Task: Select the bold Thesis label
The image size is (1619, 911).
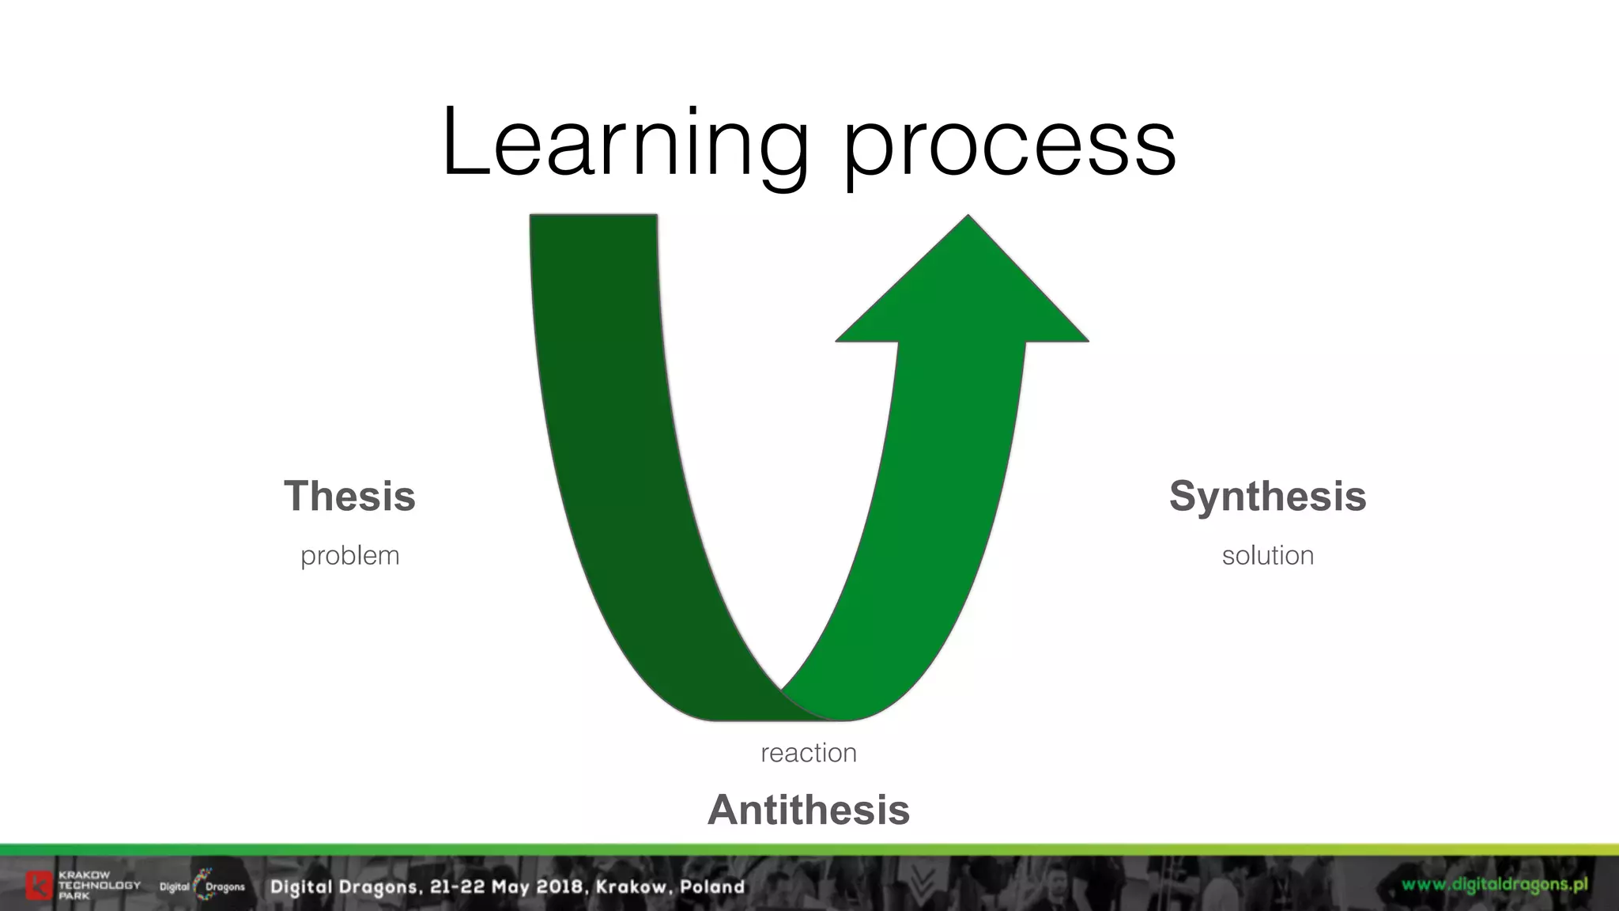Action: point(349,497)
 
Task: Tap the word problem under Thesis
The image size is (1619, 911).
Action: point(349,556)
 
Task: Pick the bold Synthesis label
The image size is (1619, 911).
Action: point(1267,497)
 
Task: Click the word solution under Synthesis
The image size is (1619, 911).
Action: point(1267,555)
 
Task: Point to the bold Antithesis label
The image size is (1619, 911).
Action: point(808,810)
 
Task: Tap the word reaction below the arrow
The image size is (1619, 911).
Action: point(808,753)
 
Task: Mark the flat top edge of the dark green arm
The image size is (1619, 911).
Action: point(593,216)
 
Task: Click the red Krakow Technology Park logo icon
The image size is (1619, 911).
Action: point(38,886)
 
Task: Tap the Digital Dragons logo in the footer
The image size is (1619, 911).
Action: point(202,886)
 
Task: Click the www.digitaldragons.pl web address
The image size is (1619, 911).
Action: point(1494,885)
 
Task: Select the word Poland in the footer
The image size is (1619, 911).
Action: point(712,886)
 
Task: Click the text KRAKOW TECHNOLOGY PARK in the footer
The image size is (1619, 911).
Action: point(98,886)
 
